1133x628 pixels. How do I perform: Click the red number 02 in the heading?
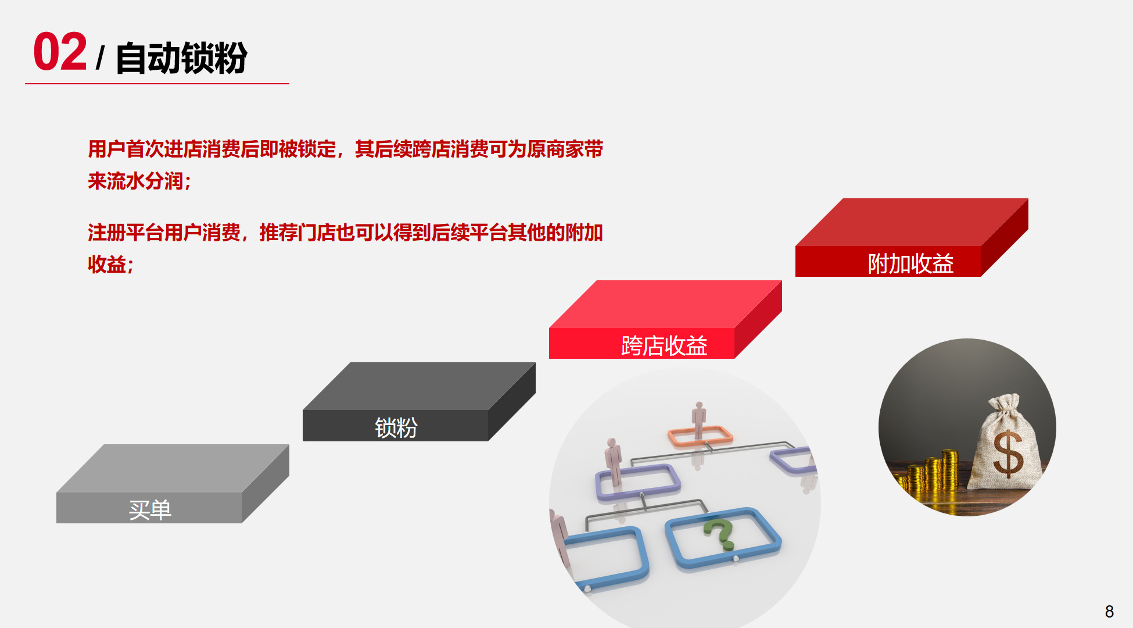point(60,52)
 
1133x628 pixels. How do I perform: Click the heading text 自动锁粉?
point(182,58)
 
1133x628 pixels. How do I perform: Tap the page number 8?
point(1109,611)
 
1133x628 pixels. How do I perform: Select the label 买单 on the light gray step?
point(150,510)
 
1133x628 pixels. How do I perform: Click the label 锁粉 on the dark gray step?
point(396,428)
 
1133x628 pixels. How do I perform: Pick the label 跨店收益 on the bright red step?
point(664,345)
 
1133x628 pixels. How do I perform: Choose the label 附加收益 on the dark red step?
point(911,263)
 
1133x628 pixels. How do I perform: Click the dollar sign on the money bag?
point(1008,454)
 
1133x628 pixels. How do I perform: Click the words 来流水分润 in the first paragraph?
point(135,181)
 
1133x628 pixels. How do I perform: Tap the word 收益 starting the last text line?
point(107,265)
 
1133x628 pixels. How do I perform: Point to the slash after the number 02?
point(101,58)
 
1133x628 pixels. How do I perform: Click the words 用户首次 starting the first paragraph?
point(126,149)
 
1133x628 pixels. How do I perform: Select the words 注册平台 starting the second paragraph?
point(126,233)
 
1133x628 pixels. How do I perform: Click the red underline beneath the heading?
point(157,84)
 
